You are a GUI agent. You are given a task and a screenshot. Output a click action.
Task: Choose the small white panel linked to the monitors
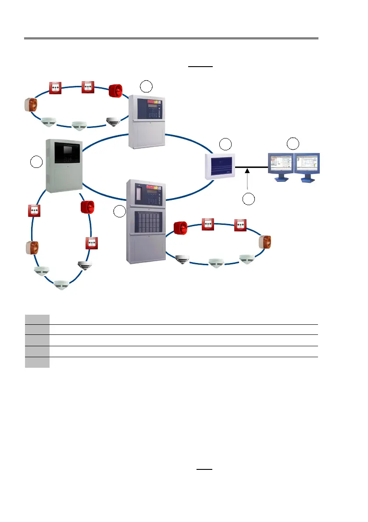click(x=220, y=166)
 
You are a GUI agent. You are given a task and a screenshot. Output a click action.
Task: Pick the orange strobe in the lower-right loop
click(x=265, y=241)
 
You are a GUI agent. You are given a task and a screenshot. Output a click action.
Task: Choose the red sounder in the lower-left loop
click(x=87, y=207)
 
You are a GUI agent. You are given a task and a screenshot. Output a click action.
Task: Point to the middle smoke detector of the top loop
click(x=79, y=126)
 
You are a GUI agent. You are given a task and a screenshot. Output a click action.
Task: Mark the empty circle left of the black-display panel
click(x=36, y=162)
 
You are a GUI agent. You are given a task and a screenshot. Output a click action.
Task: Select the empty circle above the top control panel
click(x=146, y=86)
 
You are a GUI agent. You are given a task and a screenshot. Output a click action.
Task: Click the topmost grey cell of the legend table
click(x=37, y=320)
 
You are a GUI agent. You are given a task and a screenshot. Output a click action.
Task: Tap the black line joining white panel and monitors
click(x=252, y=167)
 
